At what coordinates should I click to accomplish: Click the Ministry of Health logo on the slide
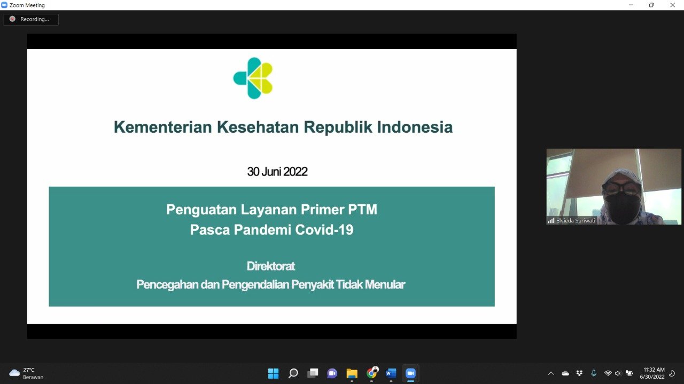pos(253,78)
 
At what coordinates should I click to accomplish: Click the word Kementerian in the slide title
pos(163,127)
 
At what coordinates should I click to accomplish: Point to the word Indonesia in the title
pos(415,127)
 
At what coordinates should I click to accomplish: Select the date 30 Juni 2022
pos(277,172)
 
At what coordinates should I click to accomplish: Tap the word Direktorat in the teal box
pos(271,266)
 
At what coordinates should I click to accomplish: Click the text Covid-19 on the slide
pos(324,229)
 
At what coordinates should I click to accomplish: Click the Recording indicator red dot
pos(12,19)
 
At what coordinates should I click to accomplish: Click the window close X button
pos(672,5)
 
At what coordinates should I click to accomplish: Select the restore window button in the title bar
pos(651,5)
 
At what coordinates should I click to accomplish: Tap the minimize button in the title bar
pos(631,5)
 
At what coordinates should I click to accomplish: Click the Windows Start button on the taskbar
pos(273,373)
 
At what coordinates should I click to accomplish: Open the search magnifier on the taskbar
pos(293,373)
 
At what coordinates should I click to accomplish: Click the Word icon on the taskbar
pos(391,373)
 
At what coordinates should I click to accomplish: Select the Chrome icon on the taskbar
pos(371,372)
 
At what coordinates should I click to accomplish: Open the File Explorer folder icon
pos(352,373)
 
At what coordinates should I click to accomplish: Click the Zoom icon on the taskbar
pos(411,373)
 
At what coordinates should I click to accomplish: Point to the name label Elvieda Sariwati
pos(576,221)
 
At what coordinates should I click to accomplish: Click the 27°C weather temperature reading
pos(29,370)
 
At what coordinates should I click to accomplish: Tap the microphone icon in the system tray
pos(594,373)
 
